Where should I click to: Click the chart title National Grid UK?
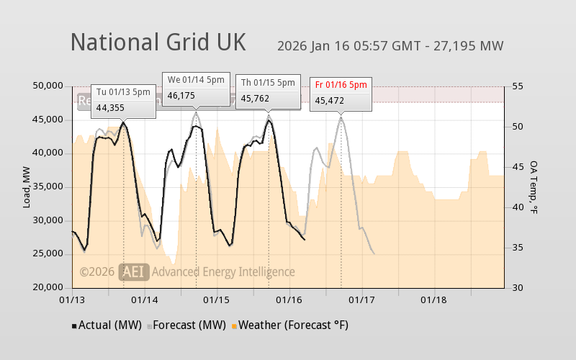pyautogui.click(x=158, y=42)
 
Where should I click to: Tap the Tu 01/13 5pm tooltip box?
pyautogui.click(x=123, y=99)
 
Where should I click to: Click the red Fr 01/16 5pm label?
pyautogui.click(x=341, y=84)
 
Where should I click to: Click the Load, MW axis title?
pyautogui.click(x=27, y=186)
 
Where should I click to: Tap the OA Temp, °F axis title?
pyautogui.click(x=534, y=187)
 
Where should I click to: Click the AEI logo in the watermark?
pyautogui.click(x=134, y=271)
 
